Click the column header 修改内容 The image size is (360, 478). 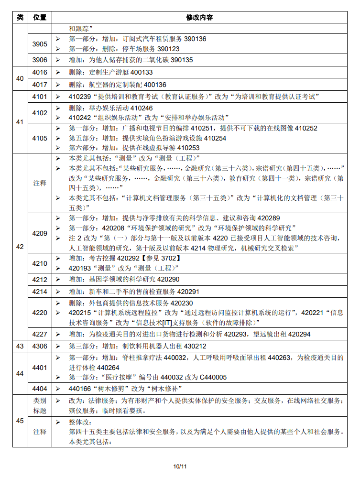(199, 17)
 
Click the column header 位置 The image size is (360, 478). (40, 17)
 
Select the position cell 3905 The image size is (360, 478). (40, 44)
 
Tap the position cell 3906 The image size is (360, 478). (40, 60)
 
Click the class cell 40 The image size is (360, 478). (20, 78)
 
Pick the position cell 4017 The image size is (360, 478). (40, 85)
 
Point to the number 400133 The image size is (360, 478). (142, 72)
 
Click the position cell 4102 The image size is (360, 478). (40, 113)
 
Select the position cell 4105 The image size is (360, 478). (40, 138)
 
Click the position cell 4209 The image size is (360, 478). (40, 233)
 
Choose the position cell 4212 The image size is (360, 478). (40, 279)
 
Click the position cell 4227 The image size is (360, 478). (40, 334)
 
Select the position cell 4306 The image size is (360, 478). (40, 346)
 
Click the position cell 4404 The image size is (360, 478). (40, 389)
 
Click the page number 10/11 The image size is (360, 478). (180, 466)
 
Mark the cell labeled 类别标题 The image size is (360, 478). (40, 405)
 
